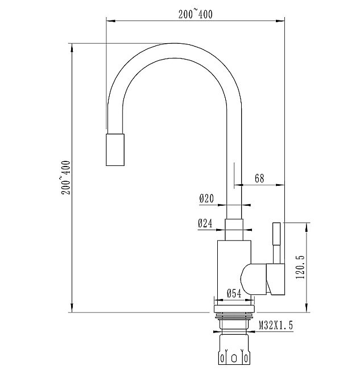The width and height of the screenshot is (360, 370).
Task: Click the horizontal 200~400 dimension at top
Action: pyautogui.click(x=195, y=15)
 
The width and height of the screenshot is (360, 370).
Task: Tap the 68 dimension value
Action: pyautogui.click(x=259, y=178)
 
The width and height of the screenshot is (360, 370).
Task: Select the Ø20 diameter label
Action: pyautogui.click(x=206, y=199)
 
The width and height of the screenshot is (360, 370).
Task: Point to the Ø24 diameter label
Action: pyautogui.click(x=205, y=224)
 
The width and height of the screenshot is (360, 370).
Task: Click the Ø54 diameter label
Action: pyautogui.click(x=235, y=294)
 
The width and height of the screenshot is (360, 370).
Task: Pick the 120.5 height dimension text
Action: pyautogui.click(x=301, y=267)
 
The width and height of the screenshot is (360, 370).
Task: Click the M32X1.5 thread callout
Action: pyautogui.click(x=276, y=326)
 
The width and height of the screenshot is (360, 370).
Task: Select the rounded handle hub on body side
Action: pyautogui.click(x=252, y=278)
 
